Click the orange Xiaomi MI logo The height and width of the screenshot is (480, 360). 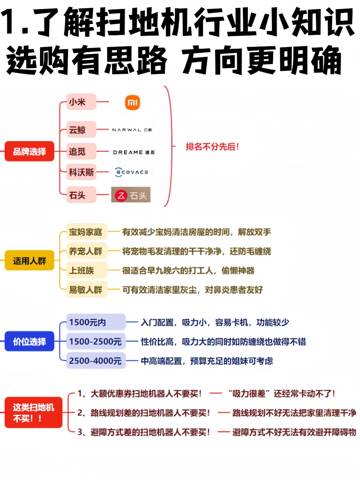pos(132,102)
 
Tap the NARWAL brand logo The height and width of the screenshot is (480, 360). pos(132,130)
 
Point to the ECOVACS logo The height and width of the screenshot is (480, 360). pos(132,172)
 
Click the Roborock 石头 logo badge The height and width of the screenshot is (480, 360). pos(131,195)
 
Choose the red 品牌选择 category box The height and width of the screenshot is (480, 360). pos(29,151)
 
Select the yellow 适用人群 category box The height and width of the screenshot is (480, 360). pos(29,261)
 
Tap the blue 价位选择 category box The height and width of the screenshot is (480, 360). pos(29,341)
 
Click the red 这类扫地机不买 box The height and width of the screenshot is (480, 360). pos(33,413)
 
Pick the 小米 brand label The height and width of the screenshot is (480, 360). pos(81,102)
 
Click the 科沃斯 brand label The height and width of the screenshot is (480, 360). pos(81,172)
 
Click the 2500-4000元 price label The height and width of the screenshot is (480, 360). pos(95,361)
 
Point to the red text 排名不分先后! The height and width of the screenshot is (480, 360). pos(212,146)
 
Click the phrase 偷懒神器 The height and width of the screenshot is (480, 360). pos(238,271)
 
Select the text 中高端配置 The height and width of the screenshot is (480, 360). pos(161,361)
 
